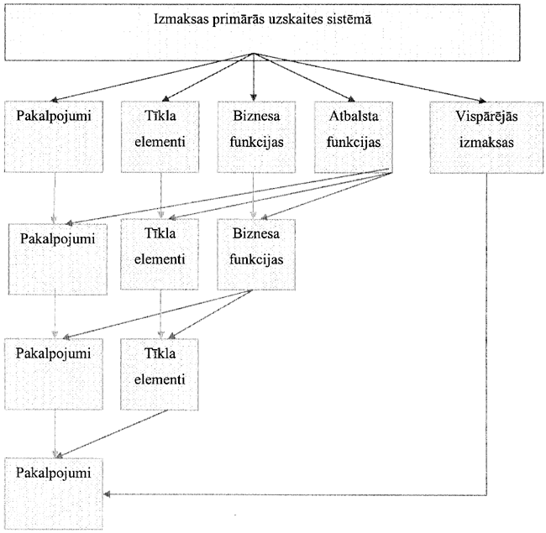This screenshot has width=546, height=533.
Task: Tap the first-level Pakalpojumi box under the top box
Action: click(54, 137)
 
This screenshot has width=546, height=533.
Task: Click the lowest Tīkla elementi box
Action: click(160, 374)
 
